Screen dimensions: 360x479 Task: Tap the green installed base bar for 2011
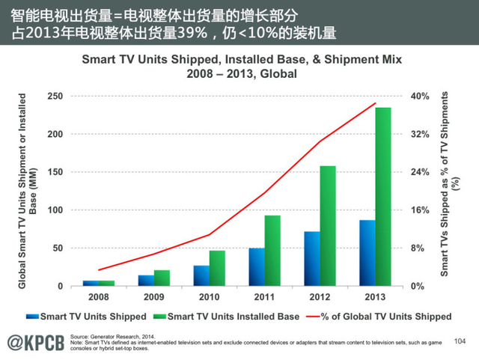[272, 251]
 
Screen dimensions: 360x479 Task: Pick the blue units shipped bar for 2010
[201, 275]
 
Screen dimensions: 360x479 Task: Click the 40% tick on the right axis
[419, 96]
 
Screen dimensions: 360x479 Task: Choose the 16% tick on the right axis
[419, 210]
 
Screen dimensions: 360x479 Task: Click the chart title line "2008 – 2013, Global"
[242, 74]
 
